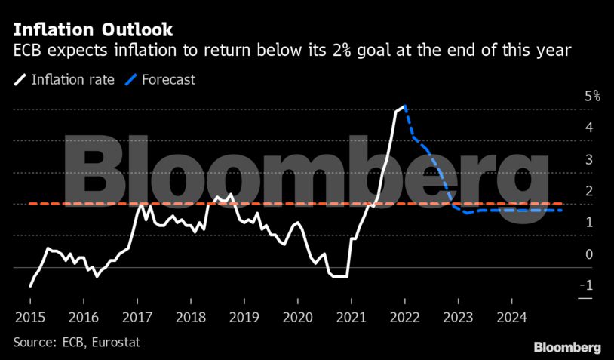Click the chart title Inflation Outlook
(92, 29)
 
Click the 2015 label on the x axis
(29, 315)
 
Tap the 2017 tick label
(137, 315)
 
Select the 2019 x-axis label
(244, 315)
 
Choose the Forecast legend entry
(167, 78)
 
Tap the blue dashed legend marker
(130, 78)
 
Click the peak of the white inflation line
(405, 106)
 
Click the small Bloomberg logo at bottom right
(567, 347)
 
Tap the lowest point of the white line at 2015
(30, 286)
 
